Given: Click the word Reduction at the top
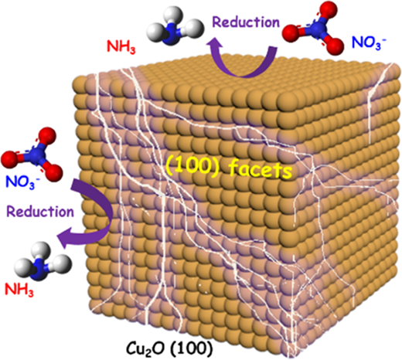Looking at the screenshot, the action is click(246, 22).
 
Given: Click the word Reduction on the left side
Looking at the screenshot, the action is click(40, 212).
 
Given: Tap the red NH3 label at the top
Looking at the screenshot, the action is click(121, 47).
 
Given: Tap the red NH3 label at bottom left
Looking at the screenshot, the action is click(19, 290).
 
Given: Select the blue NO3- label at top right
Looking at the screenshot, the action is click(369, 42).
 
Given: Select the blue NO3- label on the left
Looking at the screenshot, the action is click(22, 182).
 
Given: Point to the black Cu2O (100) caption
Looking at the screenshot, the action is click(169, 349).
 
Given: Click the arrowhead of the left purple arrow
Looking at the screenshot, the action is click(63, 235).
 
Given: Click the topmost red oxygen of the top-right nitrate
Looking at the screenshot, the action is click(328, 9).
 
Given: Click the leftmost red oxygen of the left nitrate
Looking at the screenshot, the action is click(10, 159).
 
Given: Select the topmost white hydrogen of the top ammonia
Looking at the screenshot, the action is click(173, 16).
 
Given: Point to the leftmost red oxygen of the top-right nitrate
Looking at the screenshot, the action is click(292, 33).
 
